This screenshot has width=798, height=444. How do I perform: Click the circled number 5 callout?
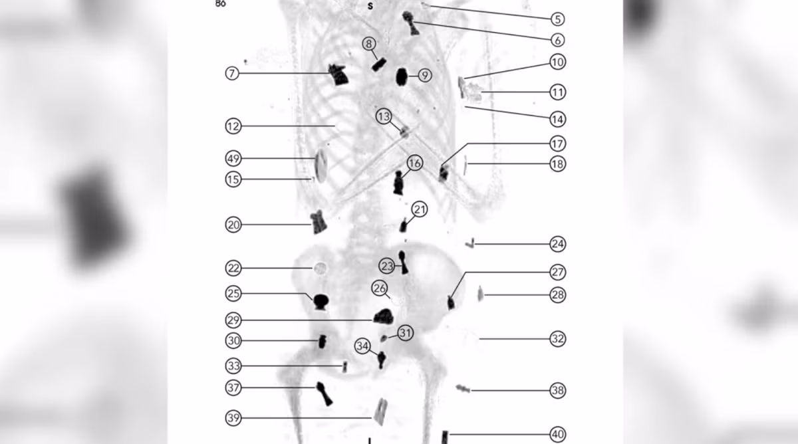(557, 19)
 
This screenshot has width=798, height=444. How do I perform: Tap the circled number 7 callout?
(232, 73)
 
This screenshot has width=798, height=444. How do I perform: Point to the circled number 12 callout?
(233, 126)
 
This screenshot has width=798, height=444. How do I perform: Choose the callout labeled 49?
(233, 159)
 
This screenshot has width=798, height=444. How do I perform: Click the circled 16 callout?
(415, 163)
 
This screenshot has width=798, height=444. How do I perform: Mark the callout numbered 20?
(233, 225)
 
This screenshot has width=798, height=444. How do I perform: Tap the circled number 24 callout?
(557, 244)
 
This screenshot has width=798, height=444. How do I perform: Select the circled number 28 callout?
(557, 294)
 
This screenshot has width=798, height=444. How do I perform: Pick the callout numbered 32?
(557, 338)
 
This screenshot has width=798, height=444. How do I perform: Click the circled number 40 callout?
(557, 435)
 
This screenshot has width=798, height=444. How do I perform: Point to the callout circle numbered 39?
(233, 417)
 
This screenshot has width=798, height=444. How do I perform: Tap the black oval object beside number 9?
(402, 77)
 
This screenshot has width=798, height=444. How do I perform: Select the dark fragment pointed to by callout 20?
(319, 221)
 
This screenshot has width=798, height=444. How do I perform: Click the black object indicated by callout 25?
(321, 302)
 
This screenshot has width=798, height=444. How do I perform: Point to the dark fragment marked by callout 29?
(383, 316)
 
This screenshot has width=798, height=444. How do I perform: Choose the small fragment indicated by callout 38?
(462, 388)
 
